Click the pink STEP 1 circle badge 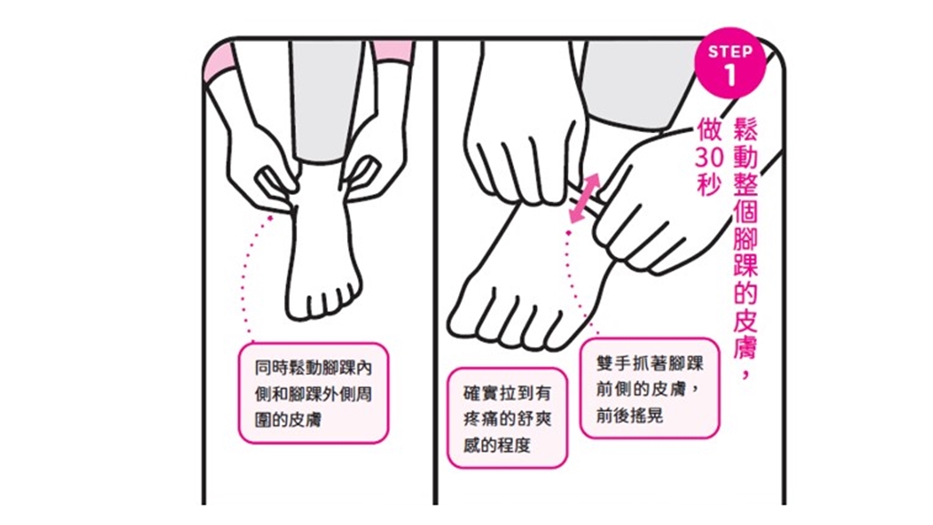point(730,63)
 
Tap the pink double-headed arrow point(583,199)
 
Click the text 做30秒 point(709,157)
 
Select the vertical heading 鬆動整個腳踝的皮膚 point(745,238)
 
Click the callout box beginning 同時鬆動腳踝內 point(313,393)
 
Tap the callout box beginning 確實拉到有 point(507,417)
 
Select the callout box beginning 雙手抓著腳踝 point(650,388)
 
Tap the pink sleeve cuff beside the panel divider point(393,52)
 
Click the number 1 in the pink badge point(730,76)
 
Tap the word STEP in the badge point(730,52)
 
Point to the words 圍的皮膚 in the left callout point(288,419)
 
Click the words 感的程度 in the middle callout point(497,445)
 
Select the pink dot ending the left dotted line point(270,219)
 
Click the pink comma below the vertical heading point(745,374)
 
